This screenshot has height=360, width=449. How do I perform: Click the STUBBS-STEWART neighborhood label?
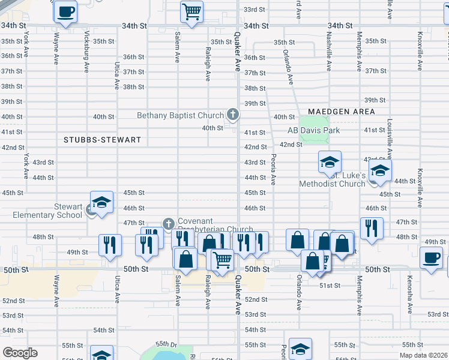pyautogui.click(x=103, y=140)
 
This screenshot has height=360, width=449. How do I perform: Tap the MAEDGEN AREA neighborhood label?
pyautogui.click(x=342, y=112)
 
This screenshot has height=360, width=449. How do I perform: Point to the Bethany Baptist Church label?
pyautogui.click(x=180, y=115)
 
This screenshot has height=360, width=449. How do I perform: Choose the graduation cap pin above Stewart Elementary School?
pyautogui.click(x=102, y=202)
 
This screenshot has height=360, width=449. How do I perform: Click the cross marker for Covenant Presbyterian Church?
pyautogui.click(x=169, y=224)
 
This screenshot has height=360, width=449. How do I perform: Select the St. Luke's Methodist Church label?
pyautogui.click(x=333, y=179)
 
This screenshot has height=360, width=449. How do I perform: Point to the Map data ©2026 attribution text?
pyautogui.click(x=423, y=355)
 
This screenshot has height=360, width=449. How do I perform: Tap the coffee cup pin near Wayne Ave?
pyautogui.click(x=65, y=11)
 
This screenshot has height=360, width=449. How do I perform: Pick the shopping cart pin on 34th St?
pyautogui.click(x=191, y=11)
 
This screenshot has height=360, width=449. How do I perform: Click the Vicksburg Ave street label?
pyautogui.click(x=88, y=47)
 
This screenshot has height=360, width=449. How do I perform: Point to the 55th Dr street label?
pyautogui.click(x=166, y=344)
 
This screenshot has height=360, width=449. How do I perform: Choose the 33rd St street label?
pyautogui.click(x=255, y=10)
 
